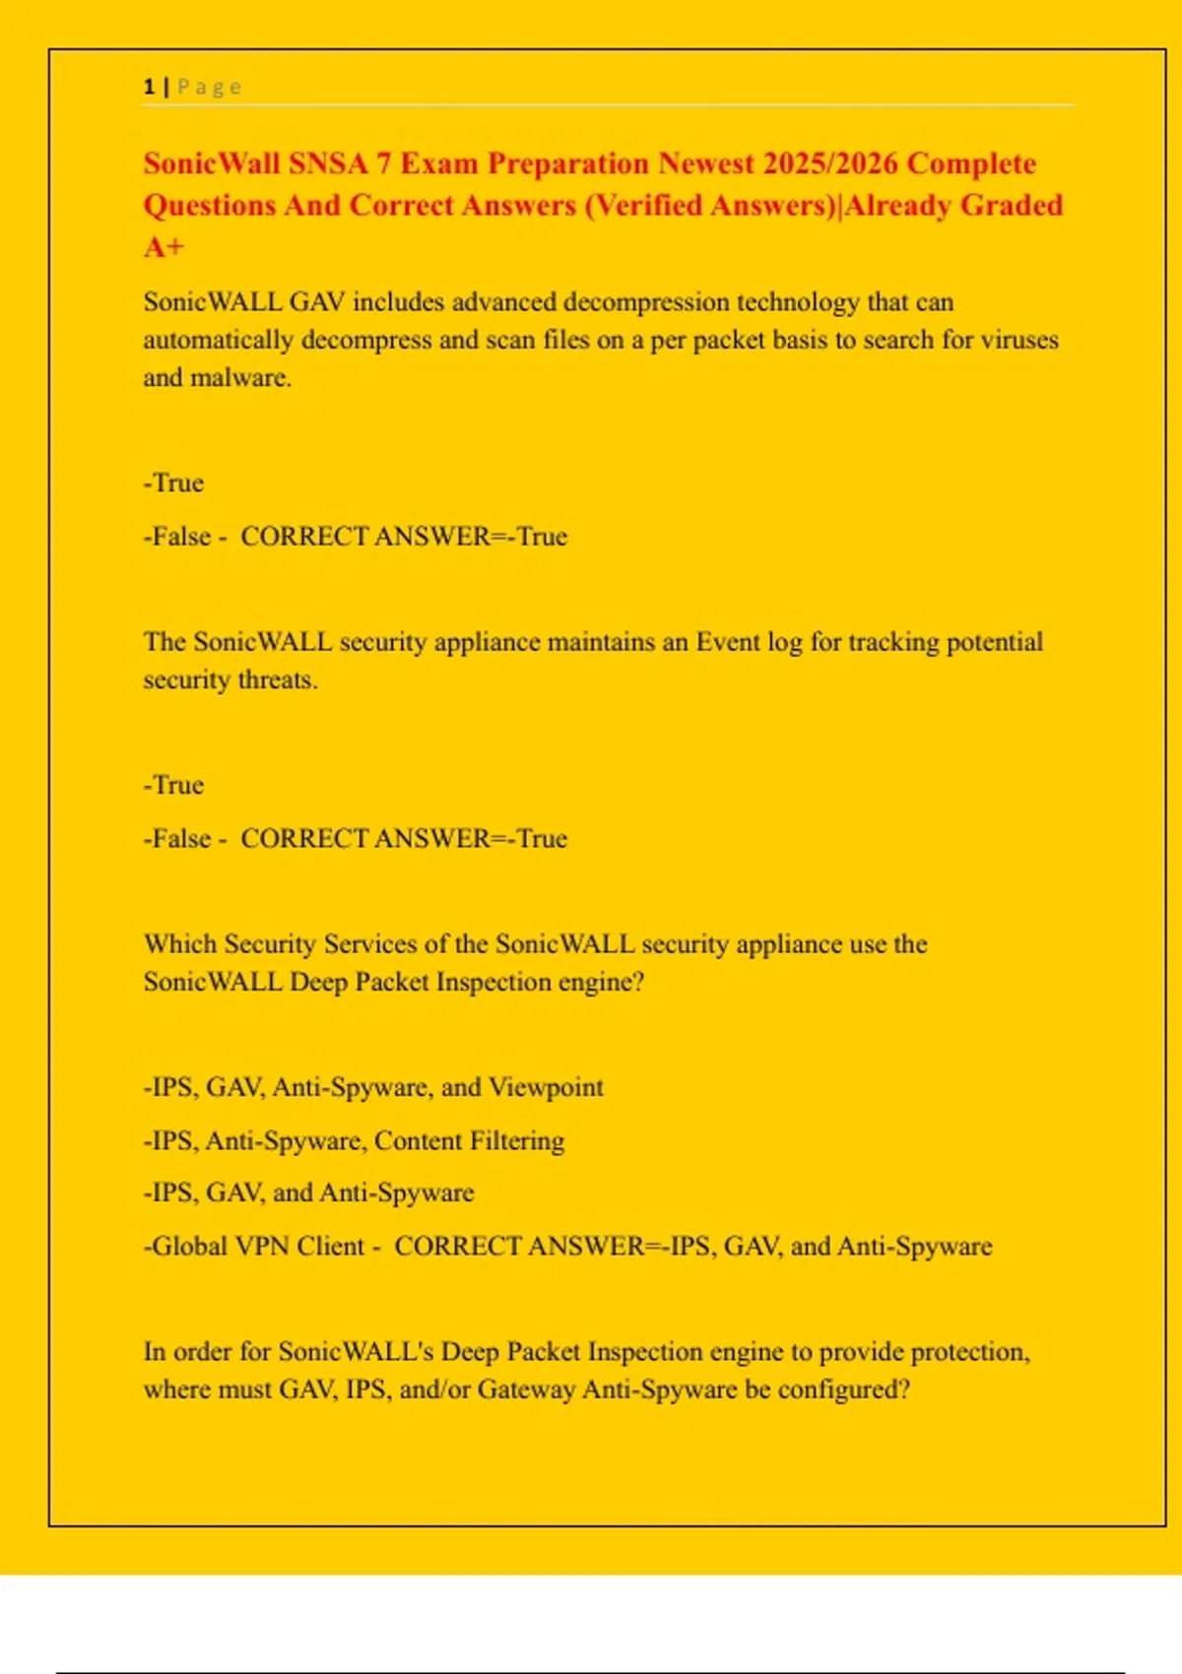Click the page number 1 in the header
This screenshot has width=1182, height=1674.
pyautogui.click(x=149, y=87)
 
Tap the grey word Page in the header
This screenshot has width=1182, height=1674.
pyautogui.click(x=210, y=87)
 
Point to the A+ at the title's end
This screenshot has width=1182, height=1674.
pyautogui.click(x=164, y=246)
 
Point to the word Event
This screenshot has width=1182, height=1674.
pyautogui.click(x=728, y=642)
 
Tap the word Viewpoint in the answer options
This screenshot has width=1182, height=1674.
pyautogui.click(x=546, y=1087)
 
